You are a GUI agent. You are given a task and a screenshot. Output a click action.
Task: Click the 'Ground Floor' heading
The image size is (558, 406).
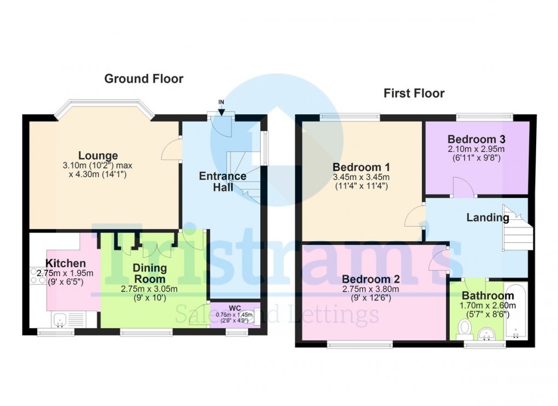click(x=144, y=79)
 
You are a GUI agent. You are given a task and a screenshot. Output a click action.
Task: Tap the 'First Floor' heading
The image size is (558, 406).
click(x=414, y=94)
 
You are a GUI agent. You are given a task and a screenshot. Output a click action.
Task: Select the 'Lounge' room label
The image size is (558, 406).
click(x=98, y=156)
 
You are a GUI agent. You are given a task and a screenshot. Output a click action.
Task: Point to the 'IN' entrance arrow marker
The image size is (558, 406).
click(x=221, y=107)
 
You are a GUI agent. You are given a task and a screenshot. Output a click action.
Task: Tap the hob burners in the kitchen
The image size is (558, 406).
click(x=38, y=275)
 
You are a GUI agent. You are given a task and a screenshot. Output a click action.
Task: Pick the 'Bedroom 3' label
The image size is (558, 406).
click(x=476, y=138)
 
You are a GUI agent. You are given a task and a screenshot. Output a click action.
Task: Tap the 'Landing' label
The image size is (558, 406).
click(x=487, y=218)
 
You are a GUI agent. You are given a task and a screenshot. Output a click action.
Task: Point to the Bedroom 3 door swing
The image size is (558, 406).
click(x=463, y=187)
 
